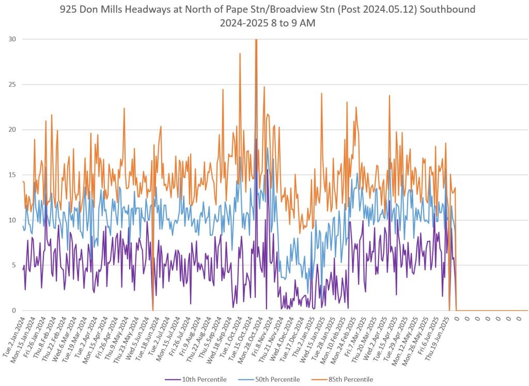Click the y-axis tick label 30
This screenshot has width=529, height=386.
click(x=11, y=39)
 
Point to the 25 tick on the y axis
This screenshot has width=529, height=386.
click(x=11, y=84)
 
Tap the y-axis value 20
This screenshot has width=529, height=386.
click(x=11, y=130)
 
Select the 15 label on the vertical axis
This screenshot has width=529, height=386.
click(x=11, y=175)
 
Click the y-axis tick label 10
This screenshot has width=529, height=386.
click(x=11, y=220)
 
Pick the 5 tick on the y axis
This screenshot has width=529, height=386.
click(x=13, y=265)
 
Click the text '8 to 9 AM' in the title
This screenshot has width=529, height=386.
click(x=295, y=23)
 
